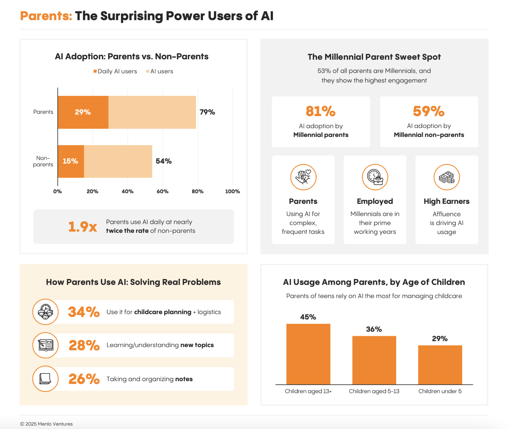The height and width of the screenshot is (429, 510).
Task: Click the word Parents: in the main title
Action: click(x=46, y=16)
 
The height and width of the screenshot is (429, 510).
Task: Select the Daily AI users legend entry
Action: click(x=115, y=71)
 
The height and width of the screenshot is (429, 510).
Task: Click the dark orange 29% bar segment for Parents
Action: click(x=83, y=112)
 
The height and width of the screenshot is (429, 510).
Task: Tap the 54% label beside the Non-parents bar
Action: click(x=163, y=161)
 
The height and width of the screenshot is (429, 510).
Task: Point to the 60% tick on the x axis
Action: click(x=163, y=192)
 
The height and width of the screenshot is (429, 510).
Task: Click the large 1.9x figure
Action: click(x=83, y=227)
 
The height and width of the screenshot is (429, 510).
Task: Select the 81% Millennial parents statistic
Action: click(x=320, y=111)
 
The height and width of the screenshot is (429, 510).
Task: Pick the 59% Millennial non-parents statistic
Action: click(x=429, y=111)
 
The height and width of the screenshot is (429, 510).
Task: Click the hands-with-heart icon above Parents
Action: click(x=303, y=177)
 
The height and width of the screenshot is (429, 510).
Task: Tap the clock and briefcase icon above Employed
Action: click(x=375, y=177)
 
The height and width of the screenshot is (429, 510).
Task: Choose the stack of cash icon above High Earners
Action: click(x=446, y=177)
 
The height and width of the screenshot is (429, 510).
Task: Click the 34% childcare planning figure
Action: click(x=84, y=312)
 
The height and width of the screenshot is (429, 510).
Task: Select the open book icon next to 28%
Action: click(x=46, y=345)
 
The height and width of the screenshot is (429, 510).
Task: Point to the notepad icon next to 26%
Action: click(x=46, y=379)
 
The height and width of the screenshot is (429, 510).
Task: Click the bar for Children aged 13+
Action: click(x=308, y=354)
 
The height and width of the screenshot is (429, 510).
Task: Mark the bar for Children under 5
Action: click(x=440, y=365)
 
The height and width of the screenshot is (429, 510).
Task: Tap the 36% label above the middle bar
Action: click(x=374, y=329)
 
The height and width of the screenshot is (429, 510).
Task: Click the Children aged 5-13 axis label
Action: click(x=374, y=391)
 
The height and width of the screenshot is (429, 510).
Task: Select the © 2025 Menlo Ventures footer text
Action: click(x=47, y=424)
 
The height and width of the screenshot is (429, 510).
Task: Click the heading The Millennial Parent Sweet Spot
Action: click(x=374, y=57)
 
